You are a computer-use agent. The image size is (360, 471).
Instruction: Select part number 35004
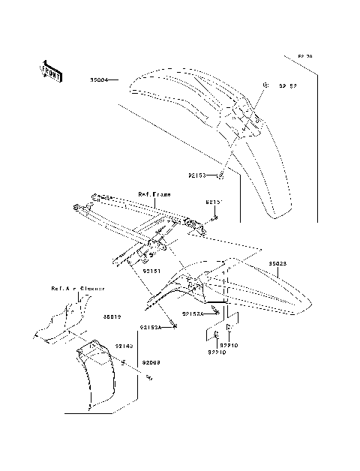tap(100, 78)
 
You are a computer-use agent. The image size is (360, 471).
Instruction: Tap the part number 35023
tap(277, 264)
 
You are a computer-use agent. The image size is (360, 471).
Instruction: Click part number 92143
tap(124, 346)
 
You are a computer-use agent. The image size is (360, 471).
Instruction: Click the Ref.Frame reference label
tap(154, 193)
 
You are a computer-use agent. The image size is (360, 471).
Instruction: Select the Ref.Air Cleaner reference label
tap(77, 288)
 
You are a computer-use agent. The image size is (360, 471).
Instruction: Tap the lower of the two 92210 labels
tap(217, 351)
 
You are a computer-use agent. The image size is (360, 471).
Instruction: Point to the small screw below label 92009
tap(150, 377)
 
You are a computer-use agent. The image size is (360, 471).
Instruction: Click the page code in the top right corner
tap(304, 56)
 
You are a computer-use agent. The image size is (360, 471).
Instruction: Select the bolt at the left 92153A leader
tap(174, 328)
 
